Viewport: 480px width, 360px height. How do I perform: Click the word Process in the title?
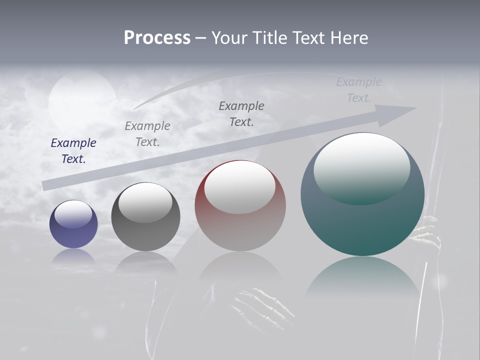(x=157, y=38)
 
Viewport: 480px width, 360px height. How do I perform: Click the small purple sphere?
(x=73, y=225)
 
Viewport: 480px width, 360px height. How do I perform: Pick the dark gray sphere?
(x=145, y=217)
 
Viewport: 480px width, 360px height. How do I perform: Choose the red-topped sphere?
(x=240, y=206)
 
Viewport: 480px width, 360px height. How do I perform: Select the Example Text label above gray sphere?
(x=147, y=134)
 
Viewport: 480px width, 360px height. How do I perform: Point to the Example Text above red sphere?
(x=241, y=114)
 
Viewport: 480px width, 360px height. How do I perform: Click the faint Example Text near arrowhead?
(x=359, y=90)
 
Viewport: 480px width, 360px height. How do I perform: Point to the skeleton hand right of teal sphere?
(x=428, y=232)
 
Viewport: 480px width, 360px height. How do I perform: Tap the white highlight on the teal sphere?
(x=361, y=167)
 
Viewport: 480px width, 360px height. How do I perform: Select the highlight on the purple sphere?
(x=73, y=214)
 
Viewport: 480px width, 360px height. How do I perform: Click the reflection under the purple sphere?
(x=73, y=257)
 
